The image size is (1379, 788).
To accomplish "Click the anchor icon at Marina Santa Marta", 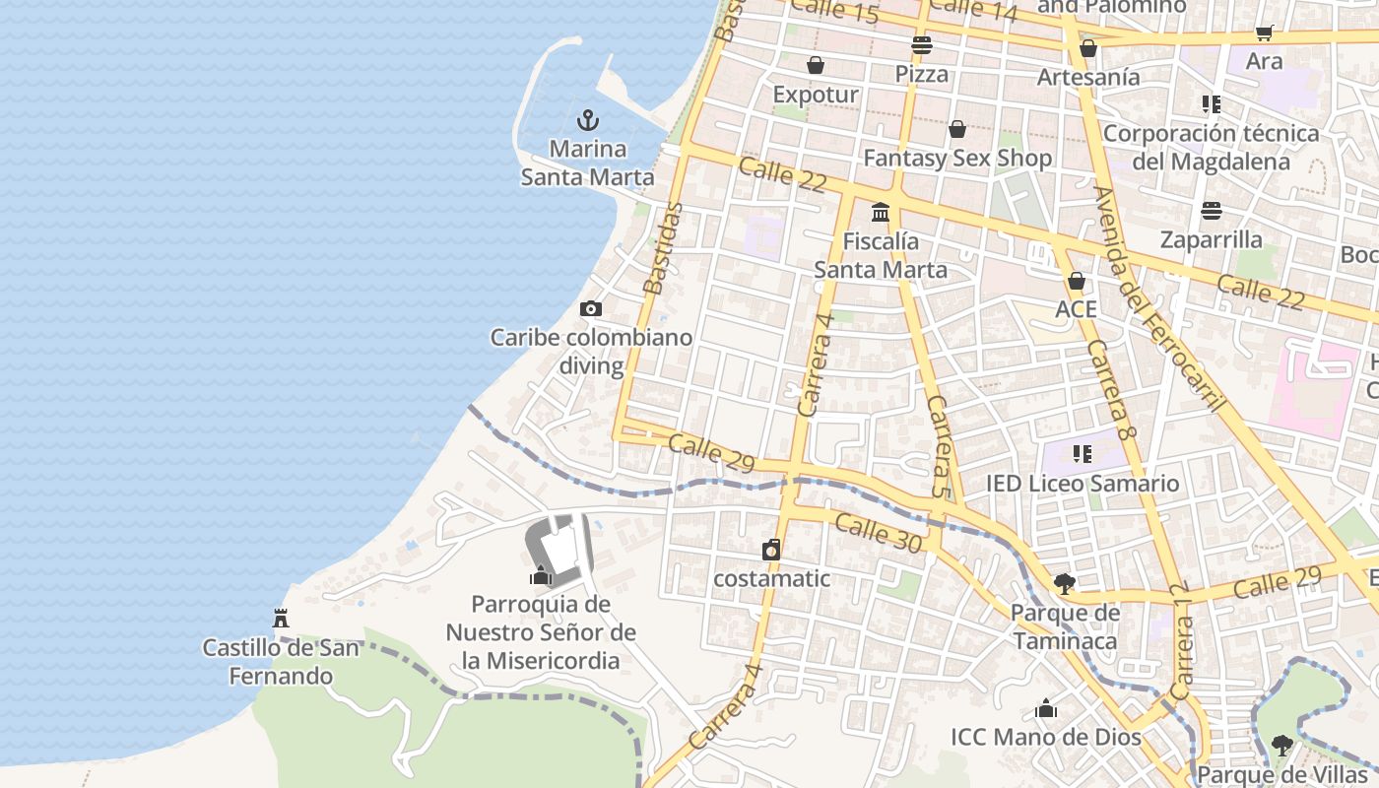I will (x=588, y=121).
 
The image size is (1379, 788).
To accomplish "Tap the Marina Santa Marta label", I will (x=588, y=164).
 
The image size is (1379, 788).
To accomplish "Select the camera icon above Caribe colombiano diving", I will (x=591, y=309).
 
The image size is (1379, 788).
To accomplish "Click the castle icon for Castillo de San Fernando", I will (x=281, y=619).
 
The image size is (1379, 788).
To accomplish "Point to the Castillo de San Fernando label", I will (x=281, y=662).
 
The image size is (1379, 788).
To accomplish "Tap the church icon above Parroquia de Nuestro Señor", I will (x=541, y=575).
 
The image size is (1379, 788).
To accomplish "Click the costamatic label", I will (x=771, y=578).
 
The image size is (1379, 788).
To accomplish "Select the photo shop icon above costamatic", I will (x=771, y=550).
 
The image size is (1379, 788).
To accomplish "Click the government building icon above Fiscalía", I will (x=881, y=212).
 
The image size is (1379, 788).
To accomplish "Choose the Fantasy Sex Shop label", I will (x=957, y=158).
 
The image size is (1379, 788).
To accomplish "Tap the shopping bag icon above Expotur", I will (x=816, y=66).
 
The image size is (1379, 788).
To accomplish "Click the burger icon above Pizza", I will (x=922, y=44).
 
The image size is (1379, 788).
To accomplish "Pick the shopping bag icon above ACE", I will (x=1077, y=281).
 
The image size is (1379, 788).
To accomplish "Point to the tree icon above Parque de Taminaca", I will (x=1065, y=584).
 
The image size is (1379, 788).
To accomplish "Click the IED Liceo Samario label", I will (x=1083, y=484).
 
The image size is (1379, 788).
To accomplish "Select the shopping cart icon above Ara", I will (x=1265, y=33).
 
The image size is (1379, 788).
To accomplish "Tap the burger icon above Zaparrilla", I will (x=1211, y=211).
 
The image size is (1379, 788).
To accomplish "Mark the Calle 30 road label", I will (x=879, y=533).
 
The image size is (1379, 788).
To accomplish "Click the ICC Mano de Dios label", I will (x=1046, y=737).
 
